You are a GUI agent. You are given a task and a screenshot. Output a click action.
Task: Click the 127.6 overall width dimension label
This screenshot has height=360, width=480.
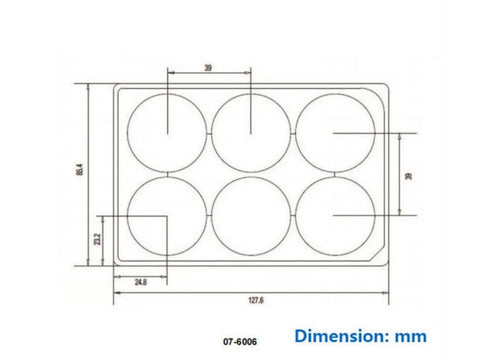256,300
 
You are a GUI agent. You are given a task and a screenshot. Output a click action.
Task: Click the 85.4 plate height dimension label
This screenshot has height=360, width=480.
80,169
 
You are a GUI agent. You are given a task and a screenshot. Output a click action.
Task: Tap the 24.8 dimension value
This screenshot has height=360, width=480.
140,282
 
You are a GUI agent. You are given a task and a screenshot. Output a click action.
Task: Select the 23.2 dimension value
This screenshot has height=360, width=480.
97,239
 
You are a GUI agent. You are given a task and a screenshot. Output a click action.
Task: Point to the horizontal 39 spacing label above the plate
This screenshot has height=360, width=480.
208,68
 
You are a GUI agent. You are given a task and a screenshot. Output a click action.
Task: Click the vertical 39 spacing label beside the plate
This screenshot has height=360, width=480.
408,176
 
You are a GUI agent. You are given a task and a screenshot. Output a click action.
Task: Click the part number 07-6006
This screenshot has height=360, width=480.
240,342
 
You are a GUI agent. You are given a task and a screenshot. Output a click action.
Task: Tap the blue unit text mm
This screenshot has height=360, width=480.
411,337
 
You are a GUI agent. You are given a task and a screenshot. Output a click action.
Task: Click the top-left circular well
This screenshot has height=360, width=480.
128,133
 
